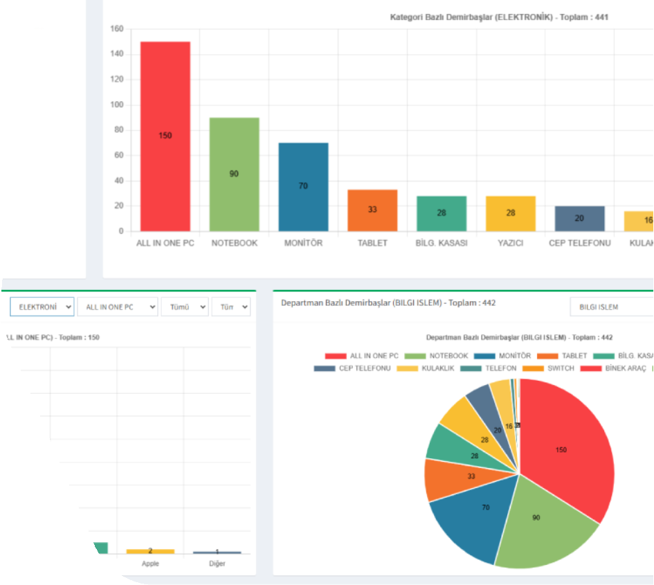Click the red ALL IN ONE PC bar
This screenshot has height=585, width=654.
[x=165, y=136]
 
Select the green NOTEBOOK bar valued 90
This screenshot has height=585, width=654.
[x=234, y=174]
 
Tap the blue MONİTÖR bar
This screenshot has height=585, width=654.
[x=303, y=186]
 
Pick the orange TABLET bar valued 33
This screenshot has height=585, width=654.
[x=372, y=210]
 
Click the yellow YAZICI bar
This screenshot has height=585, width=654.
[x=511, y=213]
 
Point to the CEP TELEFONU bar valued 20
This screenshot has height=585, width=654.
[x=579, y=218]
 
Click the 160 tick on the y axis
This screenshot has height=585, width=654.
[x=116, y=29]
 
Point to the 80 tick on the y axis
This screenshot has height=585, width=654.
[x=119, y=130]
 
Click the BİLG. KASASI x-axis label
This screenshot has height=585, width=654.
[x=442, y=243]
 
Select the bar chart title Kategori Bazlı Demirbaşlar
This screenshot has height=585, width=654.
[x=499, y=17]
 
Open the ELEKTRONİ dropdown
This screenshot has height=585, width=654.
[x=42, y=307]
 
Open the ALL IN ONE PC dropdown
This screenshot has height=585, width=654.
[x=117, y=307]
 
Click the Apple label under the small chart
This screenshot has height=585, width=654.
[x=150, y=564]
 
